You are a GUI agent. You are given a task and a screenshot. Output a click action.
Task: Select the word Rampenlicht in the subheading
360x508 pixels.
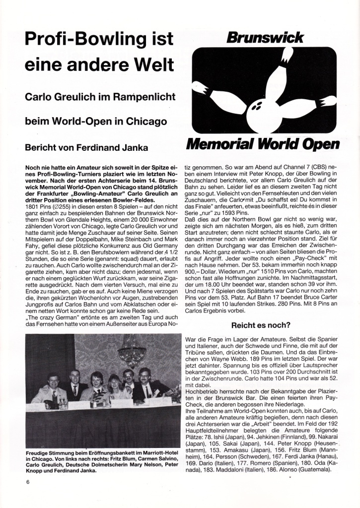click(x=144, y=98)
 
